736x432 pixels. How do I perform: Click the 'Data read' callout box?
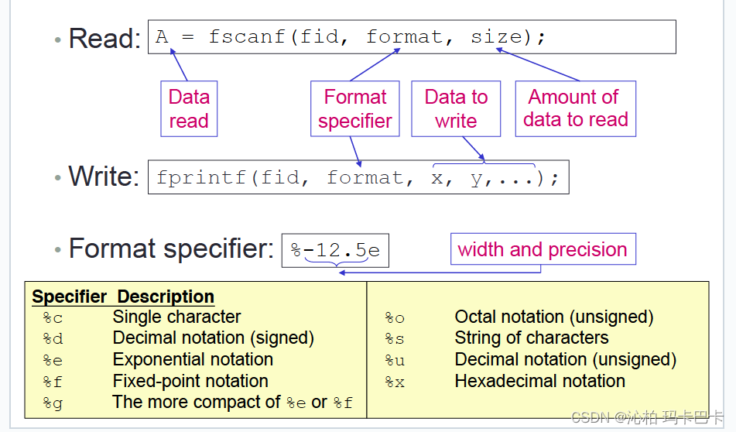click(189, 108)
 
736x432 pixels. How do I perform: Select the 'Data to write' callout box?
click(456, 108)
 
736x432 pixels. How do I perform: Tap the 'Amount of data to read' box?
click(576, 108)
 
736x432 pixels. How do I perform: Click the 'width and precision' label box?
click(543, 249)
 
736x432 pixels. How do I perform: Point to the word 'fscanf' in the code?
click(247, 36)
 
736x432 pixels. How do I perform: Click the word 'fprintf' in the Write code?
click(201, 177)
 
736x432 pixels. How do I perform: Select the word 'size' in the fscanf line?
click(497, 36)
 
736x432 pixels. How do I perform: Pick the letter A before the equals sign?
click(162, 36)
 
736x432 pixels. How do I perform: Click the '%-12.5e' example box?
click(335, 250)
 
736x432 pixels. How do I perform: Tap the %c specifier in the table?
click(53, 318)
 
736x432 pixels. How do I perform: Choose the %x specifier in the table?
click(395, 382)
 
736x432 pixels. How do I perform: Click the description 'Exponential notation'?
click(193, 359)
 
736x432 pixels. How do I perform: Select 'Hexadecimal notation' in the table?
click(539, 381)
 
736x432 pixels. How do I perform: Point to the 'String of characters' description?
click(532, 338)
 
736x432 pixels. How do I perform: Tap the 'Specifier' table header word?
click(70, 297)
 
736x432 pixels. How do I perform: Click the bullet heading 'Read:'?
click(104, 38)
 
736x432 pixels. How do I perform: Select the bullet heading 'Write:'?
click(104, 177)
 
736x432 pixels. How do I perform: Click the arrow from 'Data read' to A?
click(179, 65)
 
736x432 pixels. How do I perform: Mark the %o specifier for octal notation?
click(395, 318)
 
